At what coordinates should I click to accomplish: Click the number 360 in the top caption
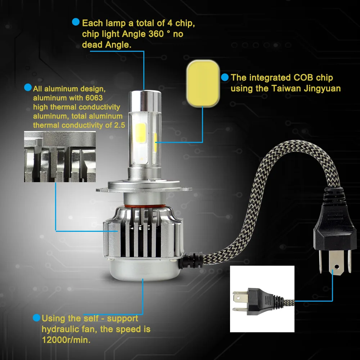(156, 34)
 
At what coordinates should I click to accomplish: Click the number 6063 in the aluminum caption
(94, 98)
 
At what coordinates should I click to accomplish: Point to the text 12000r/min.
(66, 340)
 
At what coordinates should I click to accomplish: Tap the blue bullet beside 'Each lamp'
(76, 22)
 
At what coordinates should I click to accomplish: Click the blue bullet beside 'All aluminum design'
(28, 87)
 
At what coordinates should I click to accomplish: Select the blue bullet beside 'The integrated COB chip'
(225, 77)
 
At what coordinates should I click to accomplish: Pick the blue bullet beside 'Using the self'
(36, 318)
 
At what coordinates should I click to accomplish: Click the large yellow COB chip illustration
(203, 84)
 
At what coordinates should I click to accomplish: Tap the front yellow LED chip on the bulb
(141, 133)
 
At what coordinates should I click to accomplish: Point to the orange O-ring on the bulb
(145, 206)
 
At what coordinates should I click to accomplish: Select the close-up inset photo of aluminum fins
(60, 157)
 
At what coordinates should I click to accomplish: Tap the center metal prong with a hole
(336, 262)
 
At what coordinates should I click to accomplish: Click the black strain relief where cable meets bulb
(191, 261)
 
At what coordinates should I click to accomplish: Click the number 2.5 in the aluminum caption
(120, 125)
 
